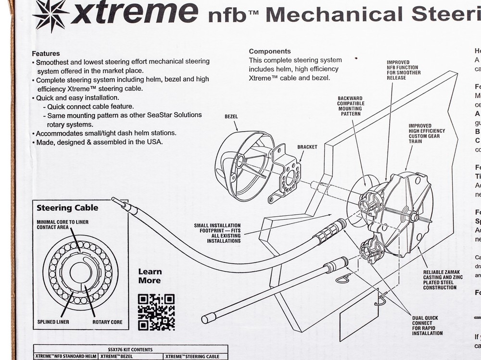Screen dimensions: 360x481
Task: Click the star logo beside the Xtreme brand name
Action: [x=51, y=15]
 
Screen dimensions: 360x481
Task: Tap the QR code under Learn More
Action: [x=156, y=312]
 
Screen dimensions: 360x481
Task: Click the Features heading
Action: [x=46, y=53]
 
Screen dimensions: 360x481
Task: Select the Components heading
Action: [x=269, y=51]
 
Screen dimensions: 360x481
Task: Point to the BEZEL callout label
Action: [x=231, y=116]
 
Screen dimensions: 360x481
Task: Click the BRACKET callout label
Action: [x=307, y=147]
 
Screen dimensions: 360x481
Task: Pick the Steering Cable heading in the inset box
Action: [x=67, y=208]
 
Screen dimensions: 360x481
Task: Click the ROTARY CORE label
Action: [x=107, y=322]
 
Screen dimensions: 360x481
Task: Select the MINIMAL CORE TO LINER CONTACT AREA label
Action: [x=63, y=224]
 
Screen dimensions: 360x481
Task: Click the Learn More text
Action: [x=150, y=276]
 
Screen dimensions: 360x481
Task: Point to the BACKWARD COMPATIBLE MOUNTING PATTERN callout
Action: [x=351, y=106]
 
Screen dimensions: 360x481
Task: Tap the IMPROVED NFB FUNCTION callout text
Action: [x=404, y=70]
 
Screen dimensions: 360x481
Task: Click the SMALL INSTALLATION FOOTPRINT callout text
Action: [x=217, y=233]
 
